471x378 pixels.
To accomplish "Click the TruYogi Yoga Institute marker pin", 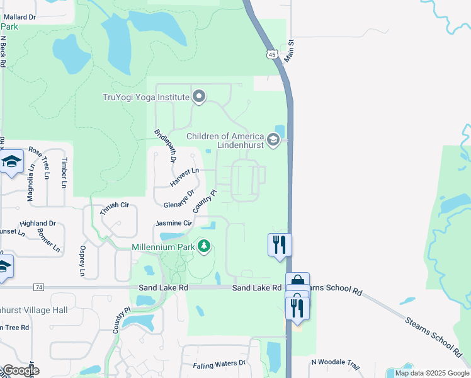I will [x=199, y=97].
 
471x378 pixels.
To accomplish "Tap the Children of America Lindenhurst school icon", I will [x=273, y=139].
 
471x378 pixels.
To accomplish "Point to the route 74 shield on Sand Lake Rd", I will [x=39, y=287].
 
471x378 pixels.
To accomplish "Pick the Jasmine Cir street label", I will [x=174, y=223].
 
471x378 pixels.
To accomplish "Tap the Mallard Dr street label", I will [x=18, y=17].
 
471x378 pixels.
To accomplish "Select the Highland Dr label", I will [x=38, y=223].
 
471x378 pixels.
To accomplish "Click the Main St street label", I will [x=290, y=51].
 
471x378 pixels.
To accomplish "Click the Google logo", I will [x=20, y=370].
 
